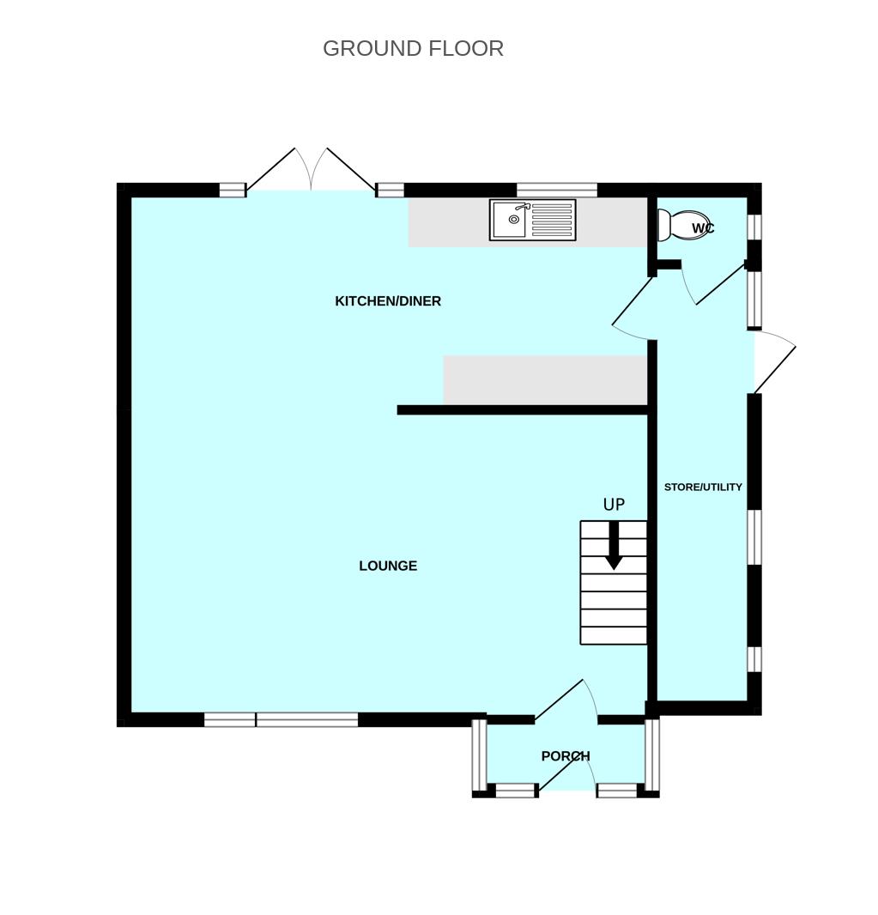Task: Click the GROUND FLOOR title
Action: [x=413, y=48]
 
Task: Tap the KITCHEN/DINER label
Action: [x=388, y=301]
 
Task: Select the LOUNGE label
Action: [x=388, y=566]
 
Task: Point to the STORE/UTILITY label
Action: [x=703, y=487]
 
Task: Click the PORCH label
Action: [x=566, y=756]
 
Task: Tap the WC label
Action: [x=703, y=228]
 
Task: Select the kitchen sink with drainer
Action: [x=532, y=220]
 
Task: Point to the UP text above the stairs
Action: [x=614, y=505]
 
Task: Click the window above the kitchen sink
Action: [x=556, y=190]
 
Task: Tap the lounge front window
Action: [x=281, y=719]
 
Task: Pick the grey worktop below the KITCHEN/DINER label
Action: [x=544, y=379]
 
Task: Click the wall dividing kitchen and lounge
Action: [x=522, y=410]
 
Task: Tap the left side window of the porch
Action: [x=479, y=754]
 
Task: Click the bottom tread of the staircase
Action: [x=614, y=635]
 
